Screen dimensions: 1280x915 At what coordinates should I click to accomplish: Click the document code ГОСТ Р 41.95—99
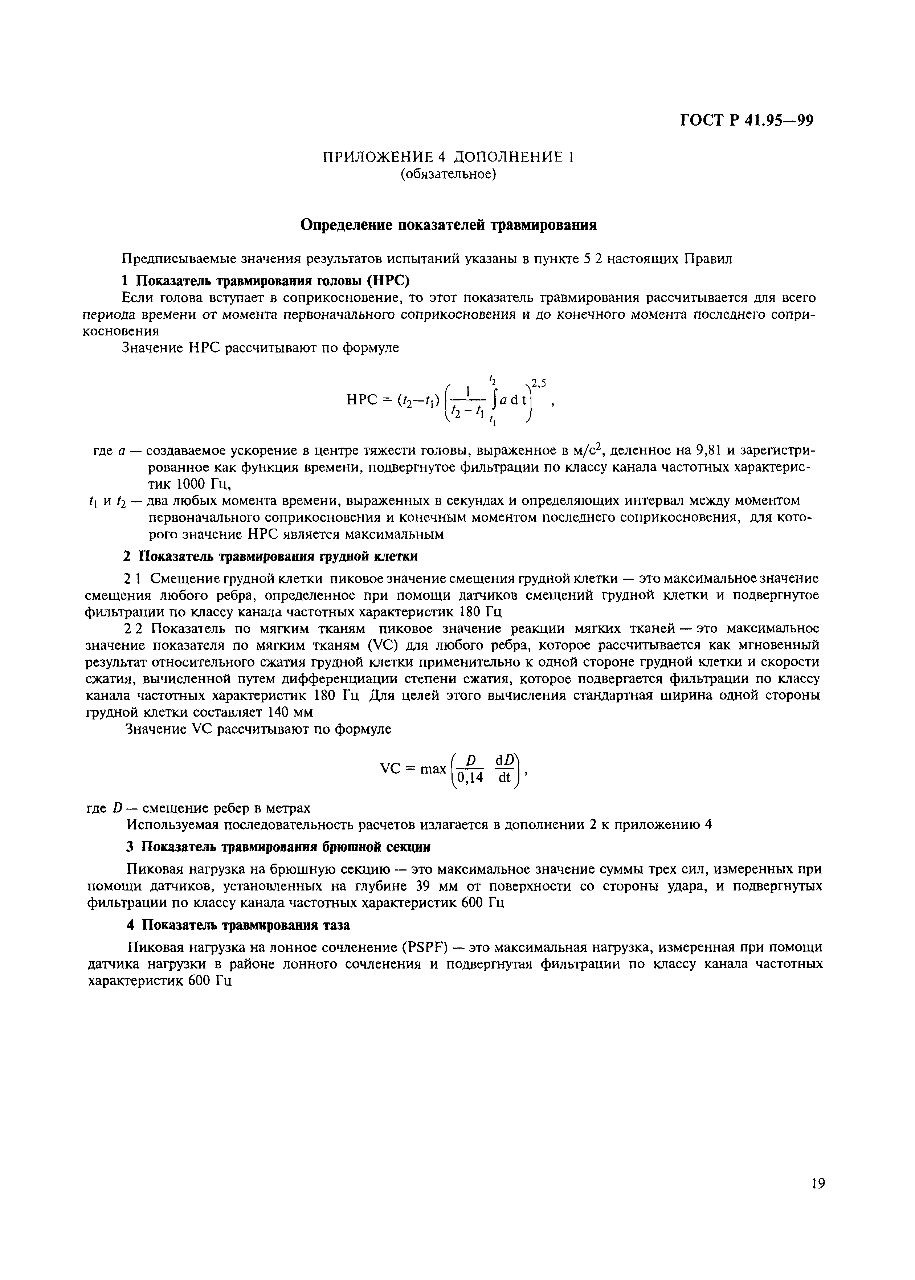[747, 121]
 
